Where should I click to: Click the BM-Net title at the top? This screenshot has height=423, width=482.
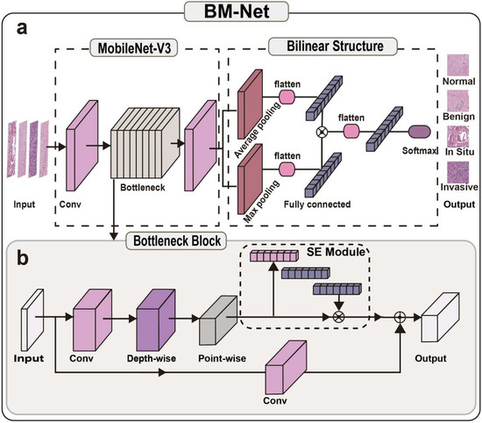(x=241, y=13)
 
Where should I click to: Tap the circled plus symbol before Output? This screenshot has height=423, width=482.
(x=402, y=319)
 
